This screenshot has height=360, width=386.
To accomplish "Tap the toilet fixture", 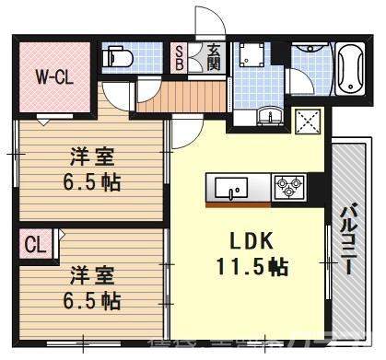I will click(116, 58).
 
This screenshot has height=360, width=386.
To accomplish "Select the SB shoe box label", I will click(180, 56).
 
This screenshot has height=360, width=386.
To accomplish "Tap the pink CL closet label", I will click(35, 245).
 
